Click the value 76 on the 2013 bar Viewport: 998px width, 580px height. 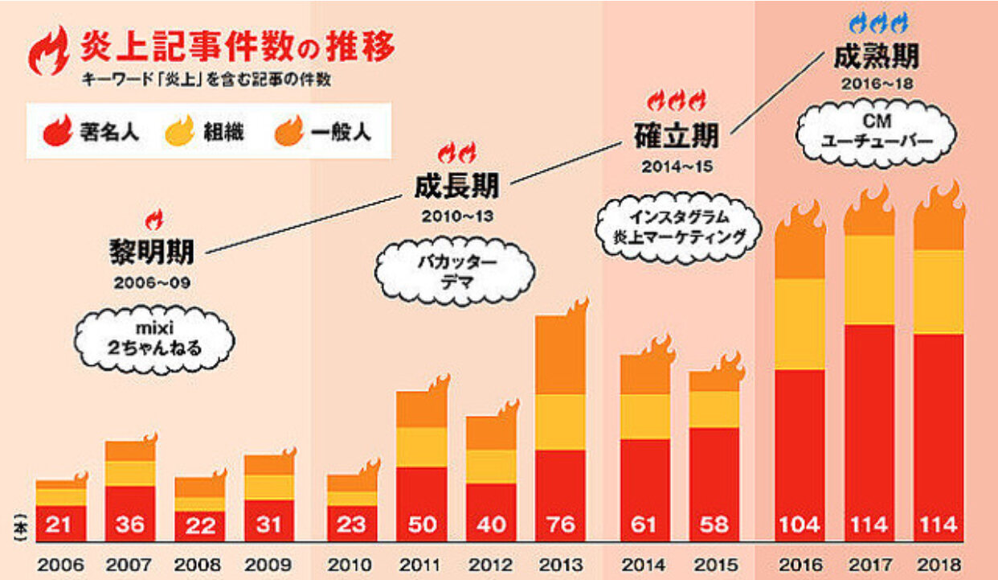(560, 524)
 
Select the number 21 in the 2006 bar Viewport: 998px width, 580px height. (61, 524)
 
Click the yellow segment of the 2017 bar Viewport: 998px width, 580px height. (869, 280)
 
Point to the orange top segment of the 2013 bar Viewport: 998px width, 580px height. (560, 354)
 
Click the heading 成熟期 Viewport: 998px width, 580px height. (876, 57)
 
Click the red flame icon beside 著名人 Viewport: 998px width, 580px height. (58, 130)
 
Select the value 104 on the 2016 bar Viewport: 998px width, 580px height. (800, 524)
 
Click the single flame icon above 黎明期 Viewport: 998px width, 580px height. (153, 219)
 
